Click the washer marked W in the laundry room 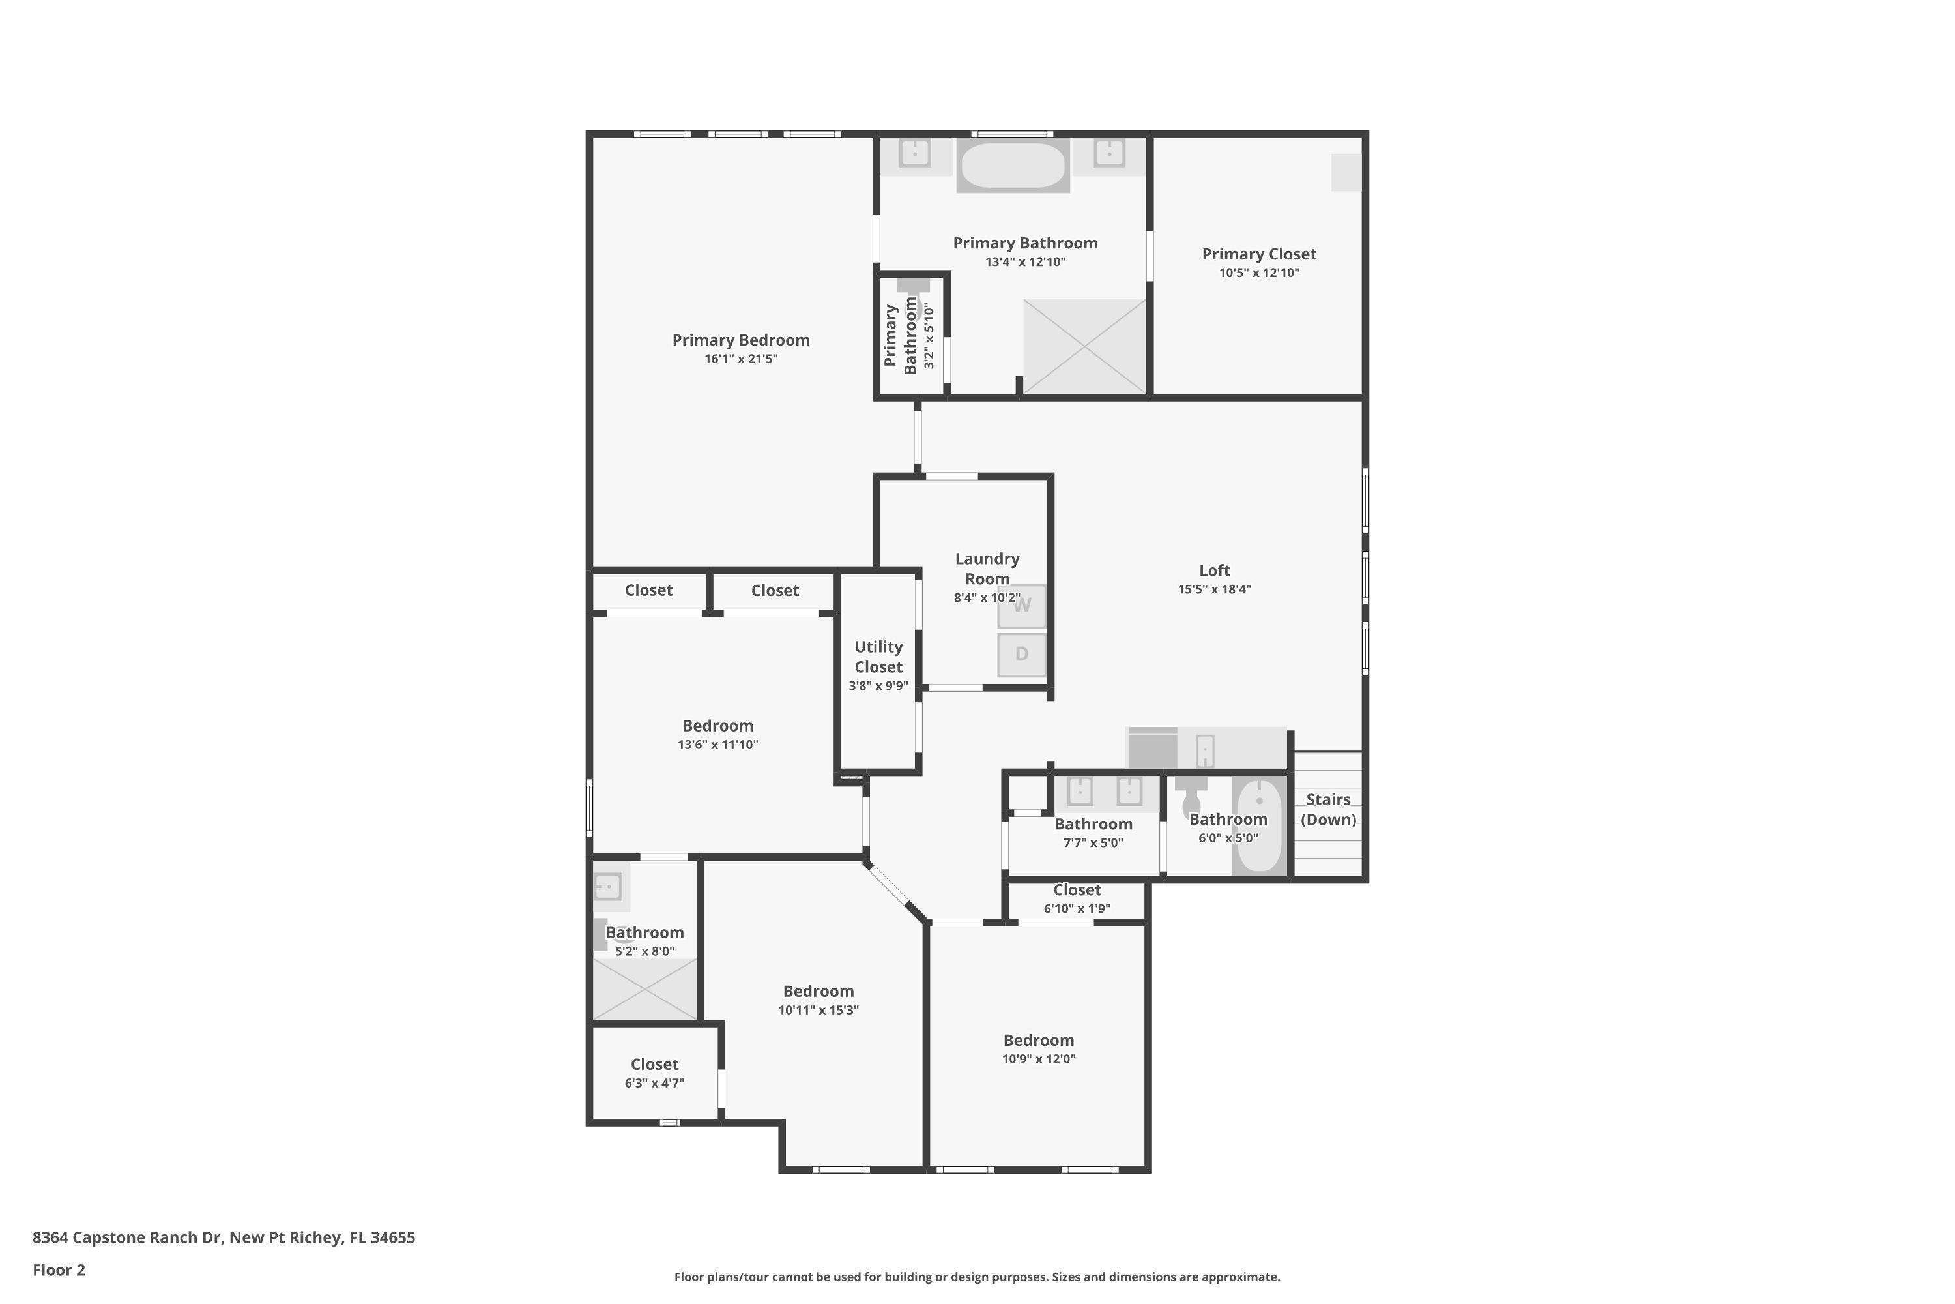click(x=1022, y=606)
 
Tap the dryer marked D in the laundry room click(x=1022, y=655)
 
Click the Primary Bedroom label click(x=740, y=340)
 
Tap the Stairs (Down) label click(x=1328, y=809)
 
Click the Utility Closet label click(x=878, y=657)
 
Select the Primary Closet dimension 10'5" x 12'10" click(x=1258, y=273)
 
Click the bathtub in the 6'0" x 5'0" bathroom click(x=1259, y=825)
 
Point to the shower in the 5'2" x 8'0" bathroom click(x=645, y=989)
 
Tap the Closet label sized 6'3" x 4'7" click(x=654, y=1065)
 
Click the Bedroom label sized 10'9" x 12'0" click(x=1038, y=1041)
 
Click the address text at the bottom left click(x=224, y=1237)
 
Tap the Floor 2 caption click(x=59, y=1270)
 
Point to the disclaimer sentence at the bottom click(x=977, y=1277)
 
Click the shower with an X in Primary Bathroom click(x=1085, y=346)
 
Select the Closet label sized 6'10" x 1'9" click(x=1077, y=890)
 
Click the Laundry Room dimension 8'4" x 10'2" click(x=987, y=598)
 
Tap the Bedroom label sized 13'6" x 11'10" click(x=717, y=726)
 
